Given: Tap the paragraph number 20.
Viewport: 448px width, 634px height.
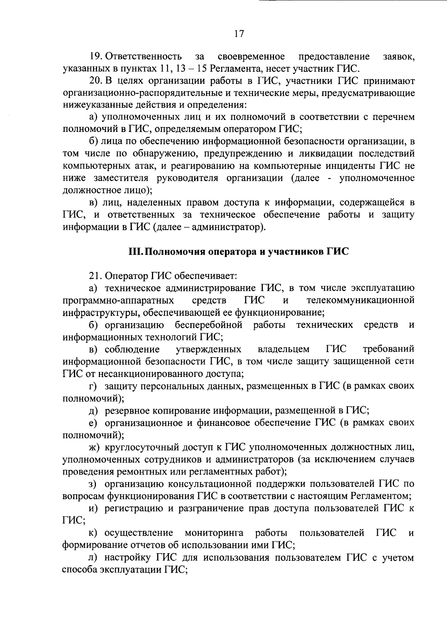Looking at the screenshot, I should click(x=95, y=81).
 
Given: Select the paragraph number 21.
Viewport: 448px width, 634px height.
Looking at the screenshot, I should click(x=95, y=276).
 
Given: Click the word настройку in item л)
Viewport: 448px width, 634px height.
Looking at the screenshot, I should click(x=127, y=558).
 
